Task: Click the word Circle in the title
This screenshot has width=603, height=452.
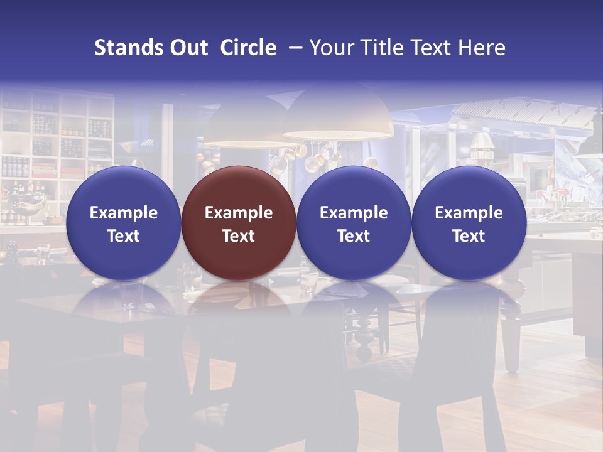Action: pyautogui.click(x=248, y=48)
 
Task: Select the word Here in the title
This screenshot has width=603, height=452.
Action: pyautogui.click(x=482, y=48)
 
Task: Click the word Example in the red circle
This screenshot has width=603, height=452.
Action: pyautogui.click(x=239, y=213)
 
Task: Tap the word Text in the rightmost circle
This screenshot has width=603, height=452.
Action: pyautogui.click(x=469, y=236)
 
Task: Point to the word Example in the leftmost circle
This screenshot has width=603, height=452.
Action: pyautogui.click(x=123, y=213)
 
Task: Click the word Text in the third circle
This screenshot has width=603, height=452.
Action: pyautogui.click(x=354, y=236)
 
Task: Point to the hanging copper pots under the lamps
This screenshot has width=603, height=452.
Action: pyautogui.click(x=308, y=157)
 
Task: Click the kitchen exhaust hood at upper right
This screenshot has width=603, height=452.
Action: pyautogui.click(x=521, y=113)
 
